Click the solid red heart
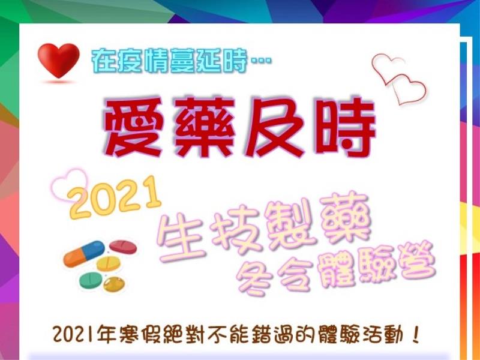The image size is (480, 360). [58, 61]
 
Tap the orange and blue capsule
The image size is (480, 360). [84, 253]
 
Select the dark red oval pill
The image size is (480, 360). [123, 247]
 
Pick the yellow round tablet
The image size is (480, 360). [109, 263]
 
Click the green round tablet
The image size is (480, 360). [91, 280]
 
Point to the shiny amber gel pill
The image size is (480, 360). [114, 284]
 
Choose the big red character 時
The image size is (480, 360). [346, 128]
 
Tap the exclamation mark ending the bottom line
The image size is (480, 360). [415, 335]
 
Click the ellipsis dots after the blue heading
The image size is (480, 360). [261, 61]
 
